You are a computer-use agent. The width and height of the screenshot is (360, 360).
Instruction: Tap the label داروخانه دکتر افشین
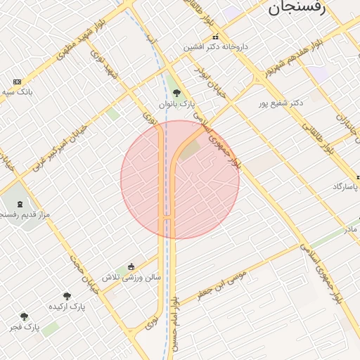[x=217, y=47]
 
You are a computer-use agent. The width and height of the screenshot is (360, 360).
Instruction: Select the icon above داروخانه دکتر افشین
[x=216, y=37]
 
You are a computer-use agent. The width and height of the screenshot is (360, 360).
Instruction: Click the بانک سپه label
[x=18, y=92]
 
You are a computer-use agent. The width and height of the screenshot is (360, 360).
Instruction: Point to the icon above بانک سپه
[x=17, y=82]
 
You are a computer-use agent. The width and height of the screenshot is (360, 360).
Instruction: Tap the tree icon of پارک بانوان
[x=176, y=93]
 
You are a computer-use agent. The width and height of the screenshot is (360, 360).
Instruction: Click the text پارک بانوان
[x=176, y=104]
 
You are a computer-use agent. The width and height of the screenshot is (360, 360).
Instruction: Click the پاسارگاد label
[x=346, y=186]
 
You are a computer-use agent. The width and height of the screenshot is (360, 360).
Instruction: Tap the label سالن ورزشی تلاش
[x=131, y=277]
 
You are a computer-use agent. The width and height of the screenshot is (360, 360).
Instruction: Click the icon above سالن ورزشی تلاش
[x=131, y=266]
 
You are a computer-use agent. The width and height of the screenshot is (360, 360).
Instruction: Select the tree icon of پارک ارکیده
[x=67, y=296]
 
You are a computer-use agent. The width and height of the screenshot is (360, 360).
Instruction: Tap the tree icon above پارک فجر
[x=25, y=316]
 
